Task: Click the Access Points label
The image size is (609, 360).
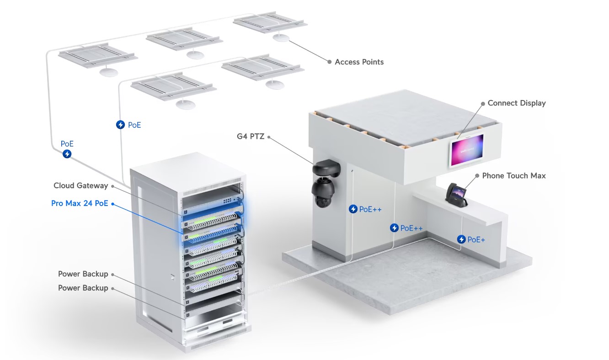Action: (359, 62)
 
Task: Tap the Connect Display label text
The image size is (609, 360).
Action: (517, 103)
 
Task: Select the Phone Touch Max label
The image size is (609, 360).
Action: (514, 175)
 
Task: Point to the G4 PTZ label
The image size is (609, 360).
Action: (251, 136)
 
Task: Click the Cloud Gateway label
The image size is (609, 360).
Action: (81, 185)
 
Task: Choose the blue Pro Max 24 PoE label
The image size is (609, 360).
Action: (80, 203)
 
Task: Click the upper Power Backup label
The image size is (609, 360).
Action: (83, 274)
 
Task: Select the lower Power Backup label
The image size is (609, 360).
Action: (83, 288)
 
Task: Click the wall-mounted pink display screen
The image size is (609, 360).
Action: (467, 150)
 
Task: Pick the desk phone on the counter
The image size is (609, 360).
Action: (456, 195)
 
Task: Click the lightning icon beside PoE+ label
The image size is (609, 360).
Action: (461, 239)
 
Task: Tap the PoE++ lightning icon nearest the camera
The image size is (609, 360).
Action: (353, 209)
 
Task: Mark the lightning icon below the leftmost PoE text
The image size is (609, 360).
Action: (67, 154)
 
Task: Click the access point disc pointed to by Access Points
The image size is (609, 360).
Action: (281, 37)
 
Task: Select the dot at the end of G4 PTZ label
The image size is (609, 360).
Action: (269, 137)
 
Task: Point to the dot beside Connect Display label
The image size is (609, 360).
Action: (483, 104)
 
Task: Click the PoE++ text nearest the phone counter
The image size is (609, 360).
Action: (411, 228)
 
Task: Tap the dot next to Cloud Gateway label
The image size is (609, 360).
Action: (112, 186)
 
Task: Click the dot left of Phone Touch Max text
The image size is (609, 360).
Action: (477, 176)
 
